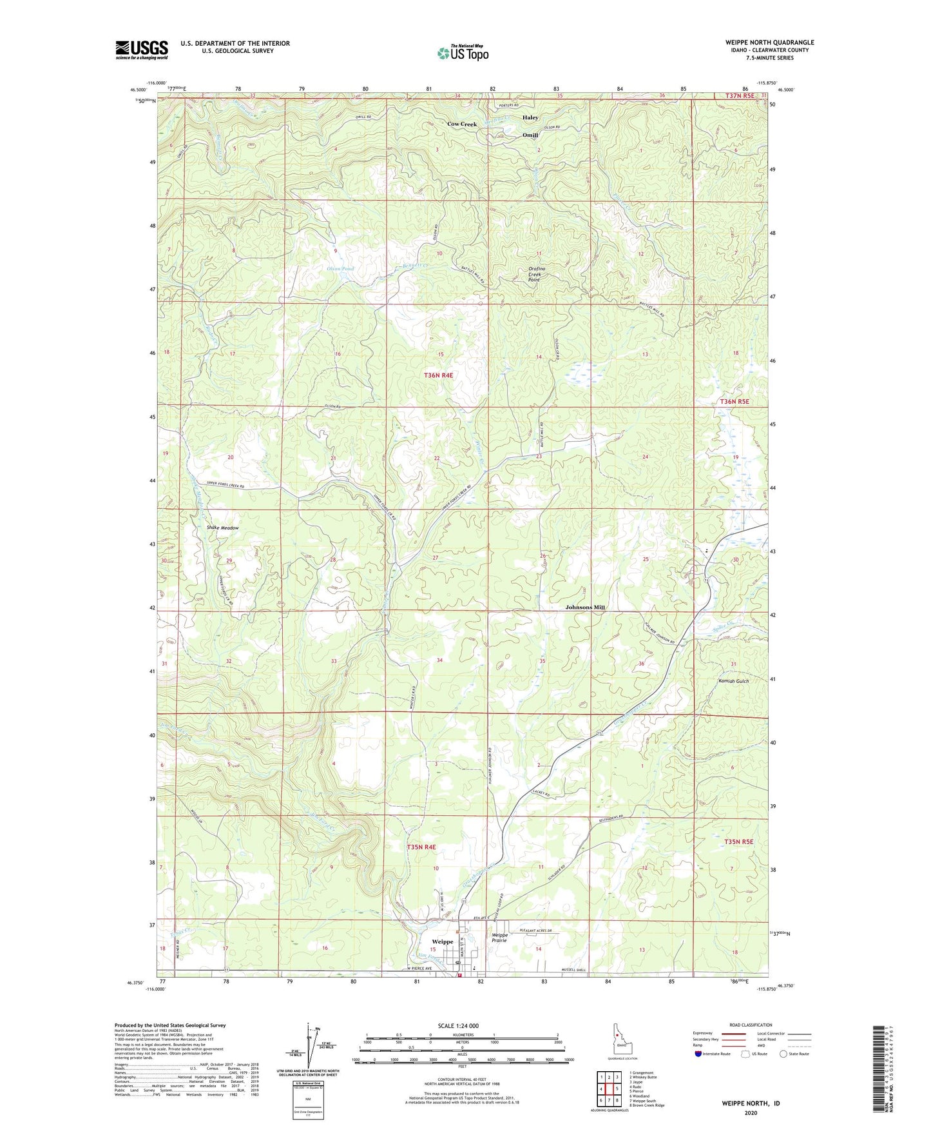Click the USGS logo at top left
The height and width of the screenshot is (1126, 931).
(x=142, y=50)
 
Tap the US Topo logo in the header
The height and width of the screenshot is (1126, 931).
(x=462, y=53)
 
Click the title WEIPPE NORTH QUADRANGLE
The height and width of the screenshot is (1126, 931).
(x=769, y=43)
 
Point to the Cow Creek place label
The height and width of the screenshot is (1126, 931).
(x=462, y=124)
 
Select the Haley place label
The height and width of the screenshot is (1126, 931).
(x=530, y=118)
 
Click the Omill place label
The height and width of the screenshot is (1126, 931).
(x=530, y=135)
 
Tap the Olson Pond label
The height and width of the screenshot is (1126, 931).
(x=340, y=268)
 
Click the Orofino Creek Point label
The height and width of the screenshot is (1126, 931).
(x=534, y=275)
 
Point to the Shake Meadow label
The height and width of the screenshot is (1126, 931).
(x=222, y=528)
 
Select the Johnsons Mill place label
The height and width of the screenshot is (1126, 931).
(x=585, y=607)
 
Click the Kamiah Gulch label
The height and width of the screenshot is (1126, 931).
(x=733, y=681)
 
